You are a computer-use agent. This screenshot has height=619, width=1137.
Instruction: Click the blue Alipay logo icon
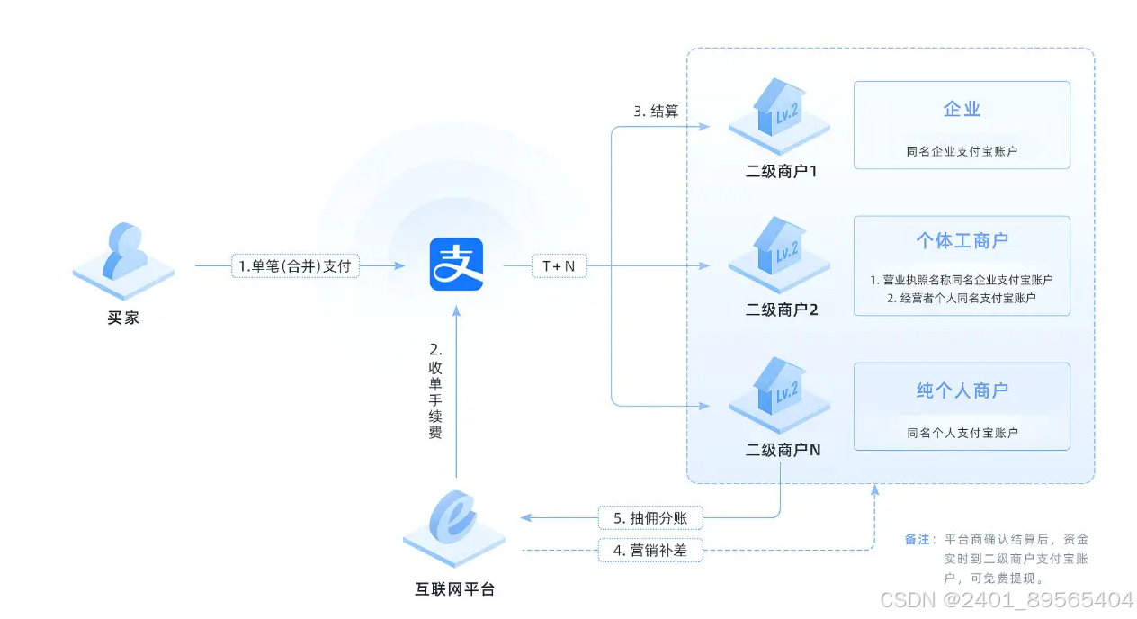(456, 264)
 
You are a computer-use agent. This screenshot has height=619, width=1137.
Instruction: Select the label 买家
(123, 318)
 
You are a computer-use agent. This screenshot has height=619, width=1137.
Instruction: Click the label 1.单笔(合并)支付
(295, 266)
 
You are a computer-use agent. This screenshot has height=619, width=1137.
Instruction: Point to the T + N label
(559, 266)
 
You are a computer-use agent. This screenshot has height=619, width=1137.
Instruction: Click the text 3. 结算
(656, 112)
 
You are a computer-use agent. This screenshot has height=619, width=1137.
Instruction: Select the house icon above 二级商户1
(777, 112)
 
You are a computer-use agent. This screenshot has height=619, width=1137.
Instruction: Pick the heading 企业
(962, 110)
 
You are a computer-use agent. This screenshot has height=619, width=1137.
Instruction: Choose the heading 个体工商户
(962, 241)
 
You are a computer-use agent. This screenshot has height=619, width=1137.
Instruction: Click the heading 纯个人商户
(962, 390)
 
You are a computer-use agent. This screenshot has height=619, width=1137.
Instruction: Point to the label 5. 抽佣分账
(650, 518)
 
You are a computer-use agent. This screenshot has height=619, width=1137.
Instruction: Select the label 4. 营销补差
(650, 550)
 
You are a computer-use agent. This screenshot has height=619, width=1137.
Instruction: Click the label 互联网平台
(454, 590)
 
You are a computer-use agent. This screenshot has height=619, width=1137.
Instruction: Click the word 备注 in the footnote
(917, 540)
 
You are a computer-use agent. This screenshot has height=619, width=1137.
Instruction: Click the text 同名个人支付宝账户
(962, 433)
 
